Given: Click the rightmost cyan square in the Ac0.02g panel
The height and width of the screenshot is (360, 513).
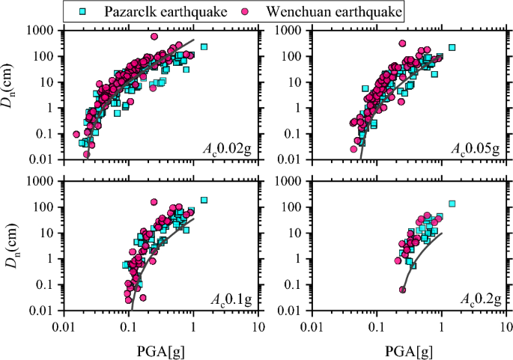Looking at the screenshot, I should (x=204, y=47).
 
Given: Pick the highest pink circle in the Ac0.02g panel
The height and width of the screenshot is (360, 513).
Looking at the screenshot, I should (x=155, y=37).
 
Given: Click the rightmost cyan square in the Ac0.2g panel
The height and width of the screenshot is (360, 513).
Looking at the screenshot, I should (x=452, y=204).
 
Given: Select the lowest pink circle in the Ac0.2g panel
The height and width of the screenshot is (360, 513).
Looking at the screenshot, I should (x=402, y=290).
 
